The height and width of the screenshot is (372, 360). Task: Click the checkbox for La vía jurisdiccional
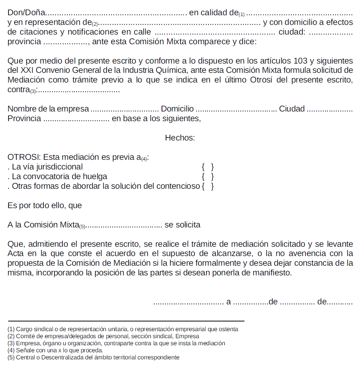(207, 167)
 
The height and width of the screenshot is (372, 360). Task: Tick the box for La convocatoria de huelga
(207, 177)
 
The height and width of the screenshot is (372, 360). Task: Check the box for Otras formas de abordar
(207, 186)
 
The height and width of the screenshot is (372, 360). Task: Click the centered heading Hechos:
(180, 138)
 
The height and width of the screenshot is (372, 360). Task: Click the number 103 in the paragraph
(301, 61)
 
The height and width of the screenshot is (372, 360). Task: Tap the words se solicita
(182, 225)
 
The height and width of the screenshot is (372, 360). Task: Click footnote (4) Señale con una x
(55, 350)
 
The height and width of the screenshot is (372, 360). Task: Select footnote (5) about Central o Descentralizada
(93, 358)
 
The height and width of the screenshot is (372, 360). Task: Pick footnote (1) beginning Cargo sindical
(123, 329)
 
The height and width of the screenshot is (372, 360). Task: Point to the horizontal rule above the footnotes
(126, 321)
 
